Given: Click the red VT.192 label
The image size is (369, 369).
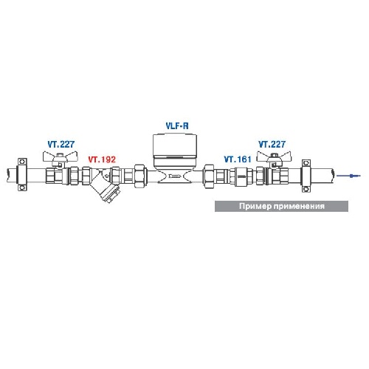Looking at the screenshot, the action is click(x=102, y=159).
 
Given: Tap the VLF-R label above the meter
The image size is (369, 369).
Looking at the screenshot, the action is click(x=177, y=126).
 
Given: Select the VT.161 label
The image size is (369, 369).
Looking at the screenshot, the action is click(x=238, y=159).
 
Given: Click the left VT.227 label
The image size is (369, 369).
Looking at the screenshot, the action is click(x=61, y=145).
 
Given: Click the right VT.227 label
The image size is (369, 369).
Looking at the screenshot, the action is click(x=272, y=145).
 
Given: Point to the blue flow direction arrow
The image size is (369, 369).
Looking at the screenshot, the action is click(x=348, y=176).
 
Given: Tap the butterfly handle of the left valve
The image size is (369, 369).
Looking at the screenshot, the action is click(x=61, y=156).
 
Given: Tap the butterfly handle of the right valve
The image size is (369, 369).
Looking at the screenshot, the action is click(x=274, y=156).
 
